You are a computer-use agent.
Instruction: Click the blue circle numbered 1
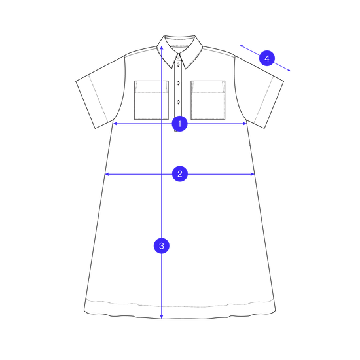(x=180, y=124)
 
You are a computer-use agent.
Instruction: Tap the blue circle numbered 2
(x=180, y=174)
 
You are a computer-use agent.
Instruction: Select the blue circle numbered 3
(x=162, y=246)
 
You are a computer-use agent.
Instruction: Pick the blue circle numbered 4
(x=267, y=58)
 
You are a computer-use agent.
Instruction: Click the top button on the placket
(x=178, y=63)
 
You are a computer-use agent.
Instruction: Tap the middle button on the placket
(x=178, y=83)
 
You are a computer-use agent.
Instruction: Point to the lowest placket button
(x=178, y=102)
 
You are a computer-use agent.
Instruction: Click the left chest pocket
(x=151, y=100)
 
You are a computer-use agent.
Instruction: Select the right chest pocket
(x=208, y=100)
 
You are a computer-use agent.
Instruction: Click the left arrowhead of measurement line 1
(x=115, y=124)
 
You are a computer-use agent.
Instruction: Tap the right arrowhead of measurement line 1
(x=245, y=124)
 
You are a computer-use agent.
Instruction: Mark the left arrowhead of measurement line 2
(x=107, y=175)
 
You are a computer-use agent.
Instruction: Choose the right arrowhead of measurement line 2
(x=253, y=175)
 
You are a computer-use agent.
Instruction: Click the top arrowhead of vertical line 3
(x=162, y=48)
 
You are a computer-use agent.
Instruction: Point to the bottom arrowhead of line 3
(x=162, y=317)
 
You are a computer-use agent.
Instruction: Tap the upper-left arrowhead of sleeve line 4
(x=242, y=46)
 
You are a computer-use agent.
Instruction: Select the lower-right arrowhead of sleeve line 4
(x=289, y=70)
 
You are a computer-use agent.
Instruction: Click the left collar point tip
(x=171, y=69)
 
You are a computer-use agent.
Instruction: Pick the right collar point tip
(x=185, y=69)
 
